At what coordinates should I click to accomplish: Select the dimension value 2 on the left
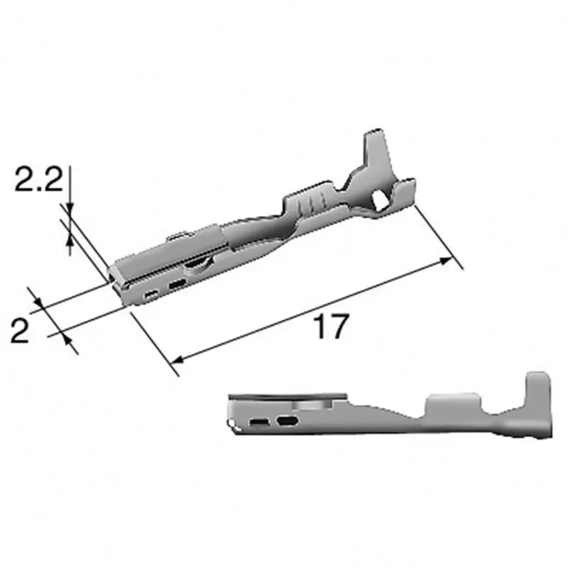click(21, 330)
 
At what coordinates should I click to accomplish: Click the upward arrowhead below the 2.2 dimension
click(69, 245)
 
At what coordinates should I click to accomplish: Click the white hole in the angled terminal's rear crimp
click(381, 200)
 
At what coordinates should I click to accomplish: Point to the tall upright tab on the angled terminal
click(373, 149)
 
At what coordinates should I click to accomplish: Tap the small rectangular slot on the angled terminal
click(150, 293)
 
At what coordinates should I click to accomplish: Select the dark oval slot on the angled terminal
click(176, 285)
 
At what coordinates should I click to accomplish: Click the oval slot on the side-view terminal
click(287, 422)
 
